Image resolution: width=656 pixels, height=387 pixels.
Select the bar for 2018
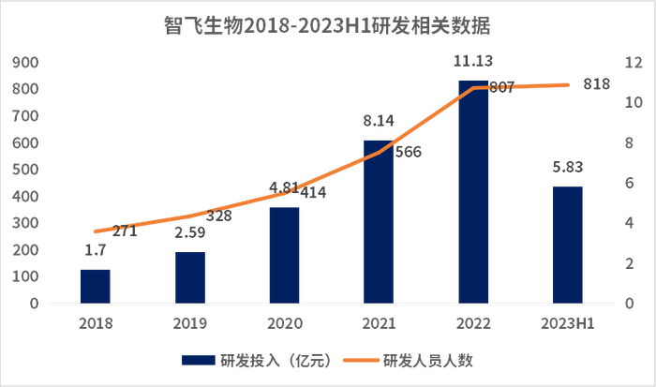(95, 286)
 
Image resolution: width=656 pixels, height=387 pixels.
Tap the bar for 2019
(189, 277)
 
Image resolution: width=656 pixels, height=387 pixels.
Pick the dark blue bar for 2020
(284, 255)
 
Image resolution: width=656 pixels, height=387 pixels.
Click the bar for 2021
(379, 222)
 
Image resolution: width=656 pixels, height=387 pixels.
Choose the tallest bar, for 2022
(473, 192)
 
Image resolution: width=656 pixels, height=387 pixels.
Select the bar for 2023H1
(567, 245)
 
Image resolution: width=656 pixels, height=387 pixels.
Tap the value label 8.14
(379, 121)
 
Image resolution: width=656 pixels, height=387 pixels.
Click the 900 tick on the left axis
(25, 63)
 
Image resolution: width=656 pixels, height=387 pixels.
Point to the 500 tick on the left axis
(25, 170)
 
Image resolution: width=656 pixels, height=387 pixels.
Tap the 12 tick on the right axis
(633, 63)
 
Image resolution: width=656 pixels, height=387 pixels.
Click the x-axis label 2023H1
(567, 323)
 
